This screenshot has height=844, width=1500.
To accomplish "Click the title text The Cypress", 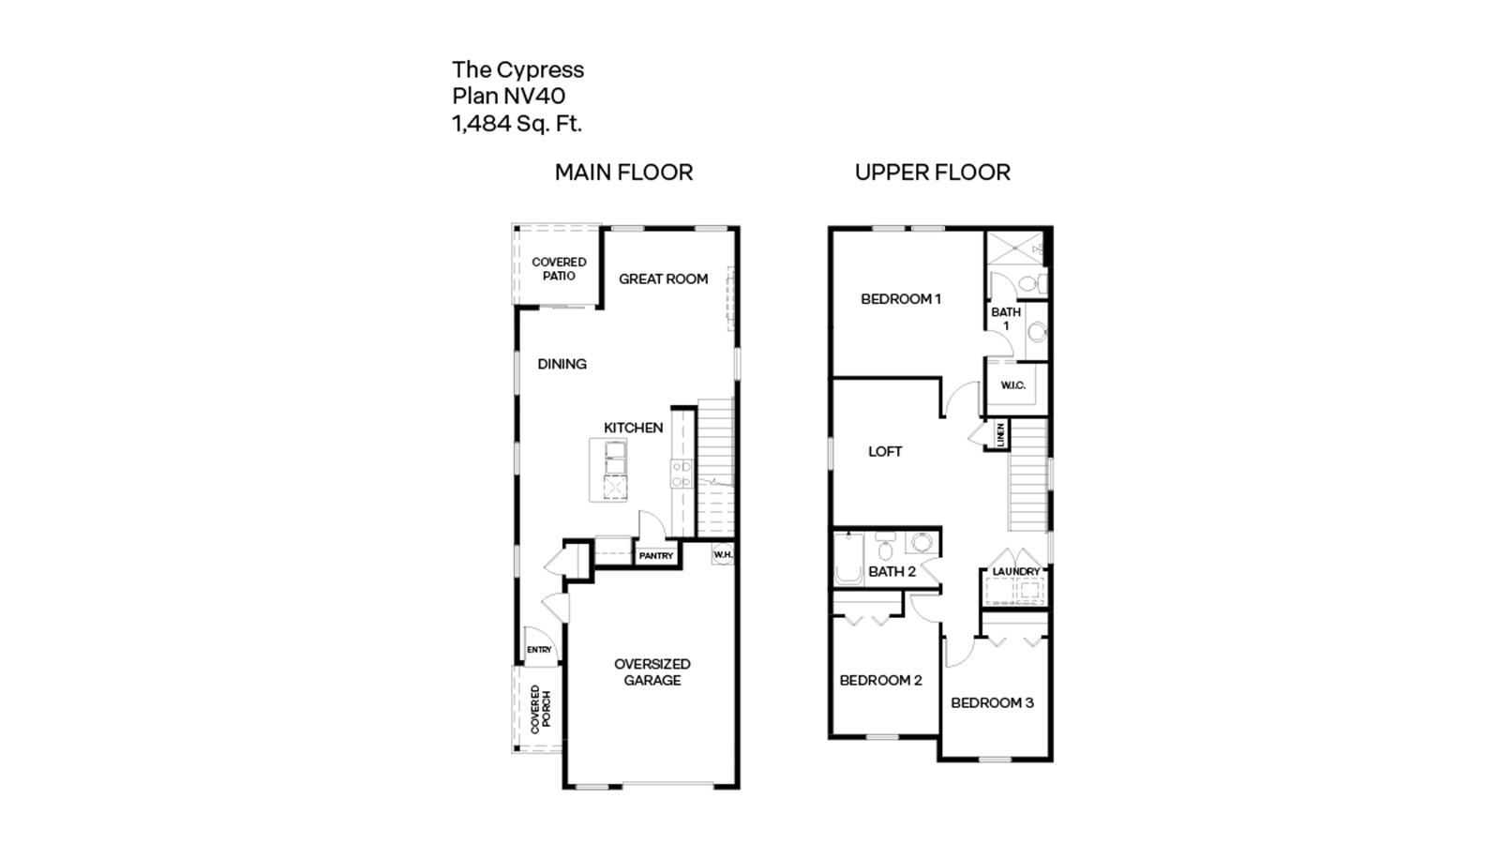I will [x=517, y=69].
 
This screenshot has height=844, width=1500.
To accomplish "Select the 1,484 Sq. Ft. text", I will [x=517, y=123].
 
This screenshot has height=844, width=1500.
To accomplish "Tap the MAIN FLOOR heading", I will [x=623, y=173].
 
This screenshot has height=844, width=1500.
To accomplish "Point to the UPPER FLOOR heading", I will [x=932, y=173].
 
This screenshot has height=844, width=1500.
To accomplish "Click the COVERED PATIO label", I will [x=559, y=269].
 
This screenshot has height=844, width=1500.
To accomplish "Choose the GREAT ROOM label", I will [x=663, y=279].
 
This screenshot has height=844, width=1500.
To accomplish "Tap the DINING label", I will [x=562, y=364].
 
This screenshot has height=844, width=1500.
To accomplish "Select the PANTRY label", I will [x=655, y=556].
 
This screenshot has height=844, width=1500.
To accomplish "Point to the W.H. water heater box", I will [x=723, y=555].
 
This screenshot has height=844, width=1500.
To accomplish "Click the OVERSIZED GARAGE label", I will [x=652, y=671].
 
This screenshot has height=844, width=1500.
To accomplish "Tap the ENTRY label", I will [x=539, y=650].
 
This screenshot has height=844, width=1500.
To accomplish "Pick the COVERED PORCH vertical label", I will [x=541, y=709].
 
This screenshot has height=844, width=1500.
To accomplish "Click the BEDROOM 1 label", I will [x=900, y=299].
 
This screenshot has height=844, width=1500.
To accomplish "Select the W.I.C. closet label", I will [x=1012, y=385].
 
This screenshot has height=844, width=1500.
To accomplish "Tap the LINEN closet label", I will [x=1000, y=434].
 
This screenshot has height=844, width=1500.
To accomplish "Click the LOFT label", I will [x=884, y=452].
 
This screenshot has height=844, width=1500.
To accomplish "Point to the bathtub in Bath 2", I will [x=848, y=560].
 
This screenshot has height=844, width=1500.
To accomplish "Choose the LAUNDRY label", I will [x=1015, y=571].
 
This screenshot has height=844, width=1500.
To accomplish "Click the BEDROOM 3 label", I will [x=992, y=702].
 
